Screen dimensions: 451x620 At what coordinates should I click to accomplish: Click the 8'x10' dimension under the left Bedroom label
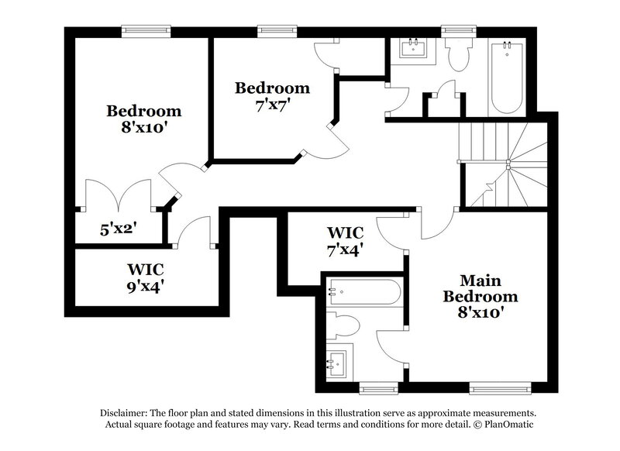click(143, 126)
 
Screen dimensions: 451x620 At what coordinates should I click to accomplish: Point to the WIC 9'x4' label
click(145, 277)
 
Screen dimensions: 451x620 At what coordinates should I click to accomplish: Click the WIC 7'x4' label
click(345, 240)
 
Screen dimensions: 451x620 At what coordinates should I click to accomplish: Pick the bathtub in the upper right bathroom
click(508, 77)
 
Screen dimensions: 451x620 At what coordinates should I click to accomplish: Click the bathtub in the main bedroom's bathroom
click(363, 293)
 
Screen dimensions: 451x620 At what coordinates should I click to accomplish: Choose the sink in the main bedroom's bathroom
click(339, 360)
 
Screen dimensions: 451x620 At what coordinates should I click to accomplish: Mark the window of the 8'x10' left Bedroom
click(144, 31)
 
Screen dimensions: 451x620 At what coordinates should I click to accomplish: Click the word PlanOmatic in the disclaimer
click(508, 425)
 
